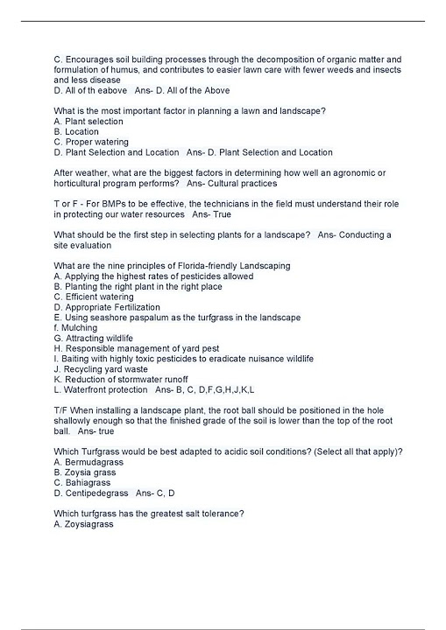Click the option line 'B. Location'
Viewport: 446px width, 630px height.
(76, 132)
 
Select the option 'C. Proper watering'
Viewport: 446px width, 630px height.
(91, 142)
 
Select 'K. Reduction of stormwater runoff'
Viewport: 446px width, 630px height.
(120, 379)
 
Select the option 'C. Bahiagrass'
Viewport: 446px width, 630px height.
(83, 482)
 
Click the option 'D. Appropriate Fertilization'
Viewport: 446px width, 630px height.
(107, 307)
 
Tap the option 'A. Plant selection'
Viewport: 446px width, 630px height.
(88, 122)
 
